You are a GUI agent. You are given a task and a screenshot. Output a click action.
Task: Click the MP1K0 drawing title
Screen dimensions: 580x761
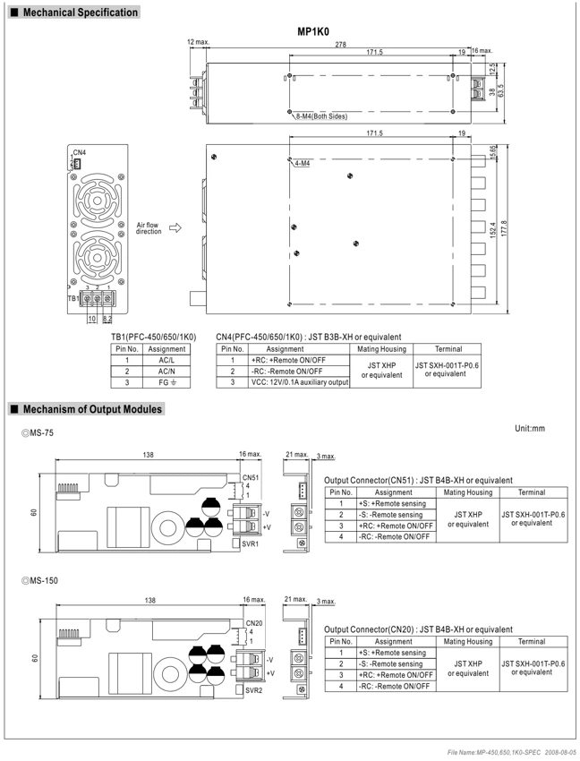[313, 32]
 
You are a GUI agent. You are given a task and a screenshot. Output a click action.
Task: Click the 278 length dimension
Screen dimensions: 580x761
[341, 44]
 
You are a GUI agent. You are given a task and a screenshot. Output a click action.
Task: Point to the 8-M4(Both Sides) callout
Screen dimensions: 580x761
[322, 116]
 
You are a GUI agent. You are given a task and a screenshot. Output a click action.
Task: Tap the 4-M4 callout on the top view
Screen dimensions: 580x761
[302, 164]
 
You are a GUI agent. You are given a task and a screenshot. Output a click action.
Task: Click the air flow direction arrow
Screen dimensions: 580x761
[175, 227]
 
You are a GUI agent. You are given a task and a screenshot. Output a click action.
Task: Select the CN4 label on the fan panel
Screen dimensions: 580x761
[80, 152]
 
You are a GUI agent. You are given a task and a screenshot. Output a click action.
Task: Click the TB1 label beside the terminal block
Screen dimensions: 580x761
[72, 298]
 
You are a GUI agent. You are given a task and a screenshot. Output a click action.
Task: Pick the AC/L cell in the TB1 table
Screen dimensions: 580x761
[166, 360]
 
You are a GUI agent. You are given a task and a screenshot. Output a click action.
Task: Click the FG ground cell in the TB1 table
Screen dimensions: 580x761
[166, 382]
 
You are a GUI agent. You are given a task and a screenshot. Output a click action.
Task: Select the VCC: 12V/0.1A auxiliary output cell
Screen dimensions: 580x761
[300, 382]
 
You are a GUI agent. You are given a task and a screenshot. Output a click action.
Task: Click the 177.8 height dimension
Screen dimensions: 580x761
[504, 229]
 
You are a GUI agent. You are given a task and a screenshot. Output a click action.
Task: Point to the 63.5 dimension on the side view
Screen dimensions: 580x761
[500, 90]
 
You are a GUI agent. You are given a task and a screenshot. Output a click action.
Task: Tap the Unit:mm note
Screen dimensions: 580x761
[530, 429]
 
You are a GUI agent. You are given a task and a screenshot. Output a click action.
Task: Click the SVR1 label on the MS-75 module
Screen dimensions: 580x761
[251, 544]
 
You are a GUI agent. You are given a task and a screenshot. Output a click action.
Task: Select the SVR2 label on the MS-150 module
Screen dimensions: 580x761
[253, 690]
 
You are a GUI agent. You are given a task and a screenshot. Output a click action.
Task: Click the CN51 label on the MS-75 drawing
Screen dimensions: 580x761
[251, 477]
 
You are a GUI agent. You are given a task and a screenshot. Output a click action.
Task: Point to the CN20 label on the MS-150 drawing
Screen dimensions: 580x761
[254, 623]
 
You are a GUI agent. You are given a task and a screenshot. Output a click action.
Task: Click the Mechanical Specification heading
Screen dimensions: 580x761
[80, 13]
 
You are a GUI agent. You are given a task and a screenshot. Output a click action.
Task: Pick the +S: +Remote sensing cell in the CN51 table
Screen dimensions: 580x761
[392, 504]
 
